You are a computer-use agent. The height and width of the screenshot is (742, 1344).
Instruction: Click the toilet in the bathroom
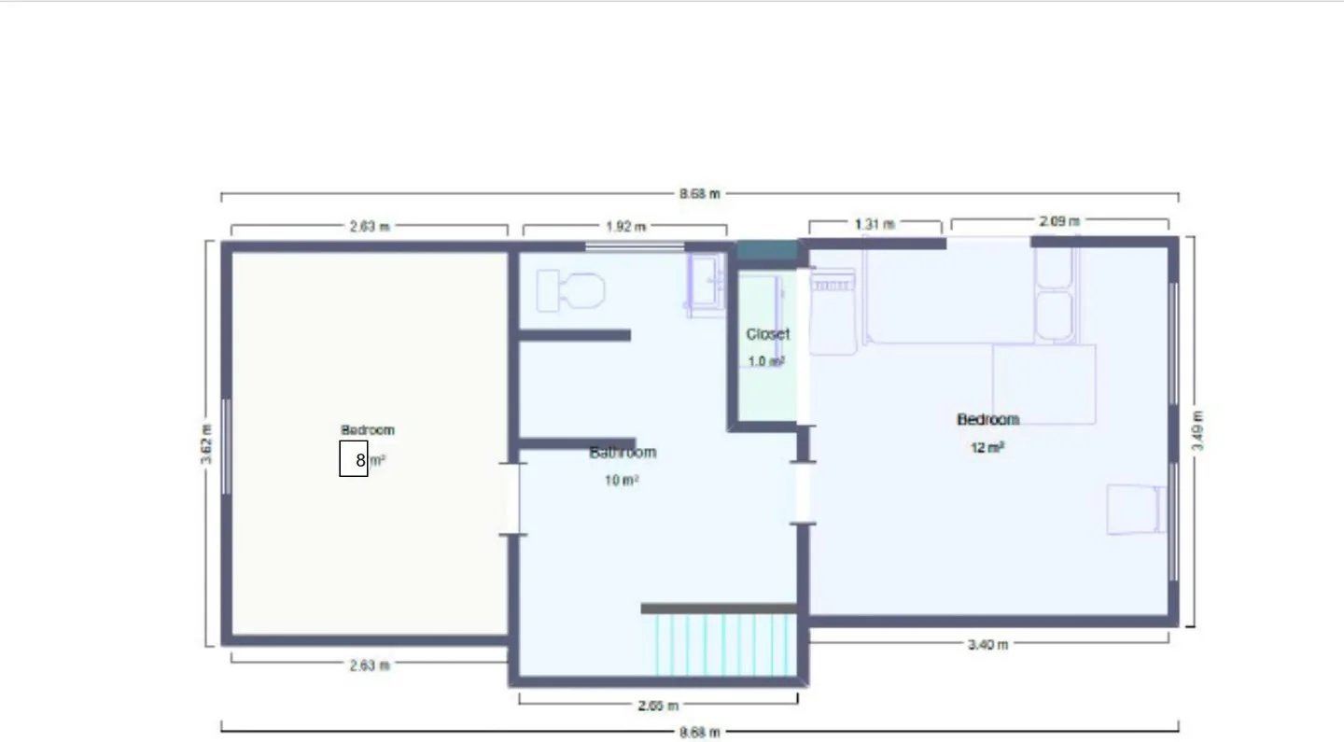click(570, 291)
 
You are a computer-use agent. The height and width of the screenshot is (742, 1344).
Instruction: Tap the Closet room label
click(767, 334)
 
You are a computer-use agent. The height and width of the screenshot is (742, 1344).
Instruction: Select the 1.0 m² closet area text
click(766, 361)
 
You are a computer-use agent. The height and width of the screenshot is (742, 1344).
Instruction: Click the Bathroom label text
click(623, 453)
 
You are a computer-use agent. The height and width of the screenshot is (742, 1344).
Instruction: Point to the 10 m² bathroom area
click(622, 480)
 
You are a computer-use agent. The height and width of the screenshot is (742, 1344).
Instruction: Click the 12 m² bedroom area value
click(987, 447)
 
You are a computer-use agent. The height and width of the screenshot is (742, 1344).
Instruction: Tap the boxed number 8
click(354, 459)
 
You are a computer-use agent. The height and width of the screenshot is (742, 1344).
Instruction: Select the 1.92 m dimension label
click(625, 227)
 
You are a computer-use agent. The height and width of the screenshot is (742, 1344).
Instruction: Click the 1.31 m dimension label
click(875, 224)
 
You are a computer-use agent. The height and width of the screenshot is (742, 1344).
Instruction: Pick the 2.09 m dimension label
click(1059, 221)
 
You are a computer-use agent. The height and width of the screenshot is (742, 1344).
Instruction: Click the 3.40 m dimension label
click(987, 645)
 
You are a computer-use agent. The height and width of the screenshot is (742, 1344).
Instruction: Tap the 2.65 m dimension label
click(658, 706)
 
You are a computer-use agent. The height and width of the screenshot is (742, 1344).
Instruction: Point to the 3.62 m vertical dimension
click(205, 444)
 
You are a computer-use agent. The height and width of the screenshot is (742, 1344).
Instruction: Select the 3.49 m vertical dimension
click(1197, 430)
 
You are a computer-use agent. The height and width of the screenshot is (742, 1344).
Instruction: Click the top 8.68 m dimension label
click(700, 194)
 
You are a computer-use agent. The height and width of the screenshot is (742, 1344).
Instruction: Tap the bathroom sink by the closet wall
click(707, 285)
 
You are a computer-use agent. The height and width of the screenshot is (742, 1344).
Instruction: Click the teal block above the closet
click(767, 250)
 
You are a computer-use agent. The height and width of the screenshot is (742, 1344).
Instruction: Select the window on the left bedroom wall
click(226, 447)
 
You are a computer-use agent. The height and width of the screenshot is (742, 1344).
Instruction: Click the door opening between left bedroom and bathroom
click(512, 499)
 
